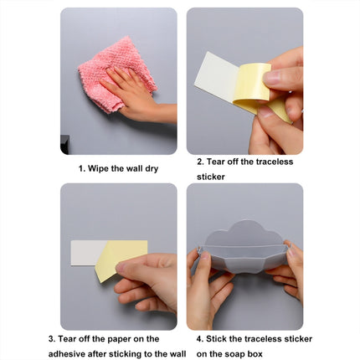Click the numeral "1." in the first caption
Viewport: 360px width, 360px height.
tap(82, 167)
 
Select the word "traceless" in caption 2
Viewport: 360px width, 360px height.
tap(275, 162)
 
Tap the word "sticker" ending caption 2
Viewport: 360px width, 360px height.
tap(211, 177)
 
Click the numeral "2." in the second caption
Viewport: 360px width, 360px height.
tap(200, 162)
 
